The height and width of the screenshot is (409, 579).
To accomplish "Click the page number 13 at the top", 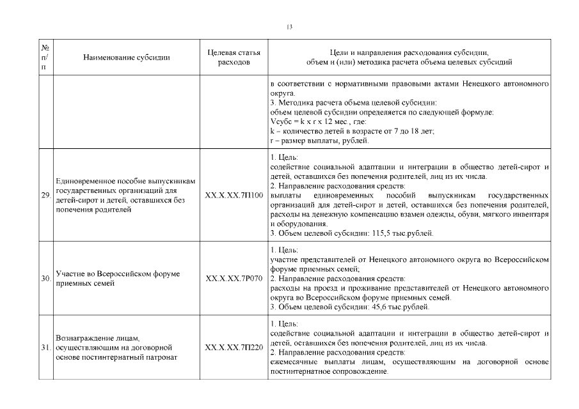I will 289,27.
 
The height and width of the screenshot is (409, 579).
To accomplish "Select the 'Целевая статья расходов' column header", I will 234,58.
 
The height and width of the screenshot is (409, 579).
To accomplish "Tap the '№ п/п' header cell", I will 46,58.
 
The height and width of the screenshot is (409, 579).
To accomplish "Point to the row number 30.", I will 46,279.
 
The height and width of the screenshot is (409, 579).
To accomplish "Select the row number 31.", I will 46,348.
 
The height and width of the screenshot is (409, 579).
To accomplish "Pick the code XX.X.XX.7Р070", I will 234,279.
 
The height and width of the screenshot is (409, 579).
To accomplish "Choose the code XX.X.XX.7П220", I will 234,348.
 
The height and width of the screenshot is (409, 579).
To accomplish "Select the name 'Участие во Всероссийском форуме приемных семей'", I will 117,279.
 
